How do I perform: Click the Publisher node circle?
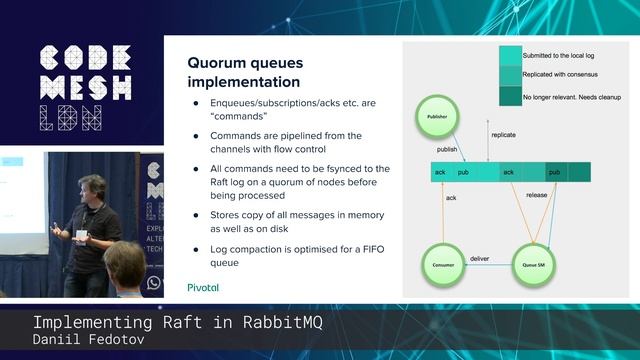(x=437, y=117)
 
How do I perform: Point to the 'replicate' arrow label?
(x=504, y=134)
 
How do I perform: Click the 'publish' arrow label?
(x=447, y=149)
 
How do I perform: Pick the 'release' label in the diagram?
(x=537, y=195)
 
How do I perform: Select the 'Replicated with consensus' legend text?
(x=561, y=75)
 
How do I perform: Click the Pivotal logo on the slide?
(x=203, y=287)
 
